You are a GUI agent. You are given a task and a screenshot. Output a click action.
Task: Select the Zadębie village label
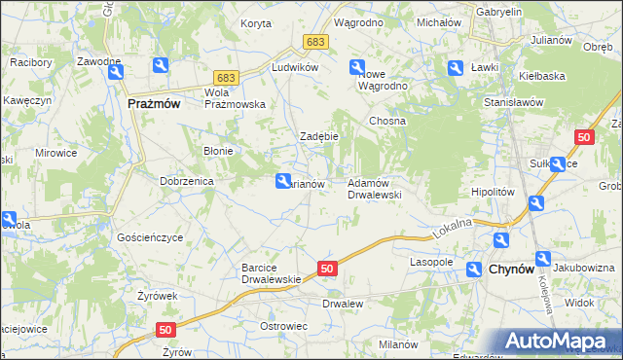(x=318, y=136)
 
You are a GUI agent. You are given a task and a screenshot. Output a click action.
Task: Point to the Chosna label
(x=386, y=121)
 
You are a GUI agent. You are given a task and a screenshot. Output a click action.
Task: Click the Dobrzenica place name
(x=186, y=181)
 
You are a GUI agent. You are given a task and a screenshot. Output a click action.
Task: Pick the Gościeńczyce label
(x=150, y=236)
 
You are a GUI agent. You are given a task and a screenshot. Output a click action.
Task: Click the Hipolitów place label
(x=492, y=193)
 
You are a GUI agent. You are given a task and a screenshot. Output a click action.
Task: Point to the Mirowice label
(x=55, y=154)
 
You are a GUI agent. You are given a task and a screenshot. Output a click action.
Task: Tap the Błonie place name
(x=216, y=151)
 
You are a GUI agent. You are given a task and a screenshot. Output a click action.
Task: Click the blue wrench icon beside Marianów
(x=283, y=181)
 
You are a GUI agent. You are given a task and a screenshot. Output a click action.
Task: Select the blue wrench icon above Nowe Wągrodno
(x=356, y=66)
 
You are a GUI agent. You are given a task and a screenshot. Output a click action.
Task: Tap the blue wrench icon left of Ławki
(x=455, y=67)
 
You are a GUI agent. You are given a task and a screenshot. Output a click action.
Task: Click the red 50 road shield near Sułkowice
(x=584, y=138)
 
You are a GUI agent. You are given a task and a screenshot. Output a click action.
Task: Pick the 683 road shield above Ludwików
(x=314, y=42)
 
